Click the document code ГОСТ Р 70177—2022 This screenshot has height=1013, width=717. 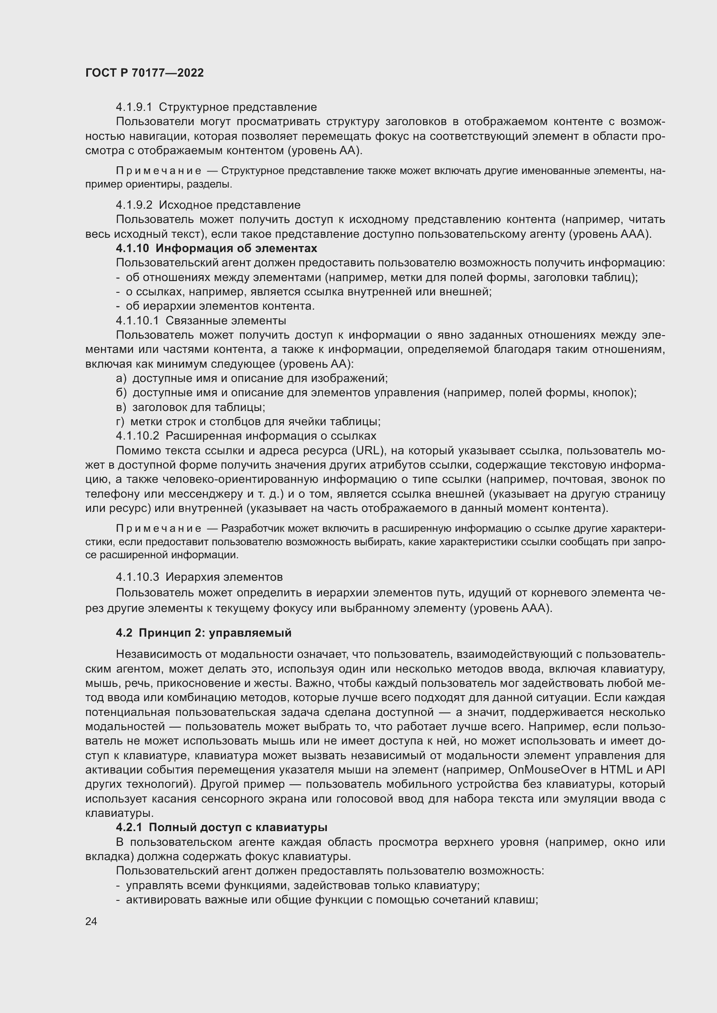[144, 73]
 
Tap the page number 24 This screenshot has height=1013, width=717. [91, 921]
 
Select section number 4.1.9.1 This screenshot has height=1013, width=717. [134, 107]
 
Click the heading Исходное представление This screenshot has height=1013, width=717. [229, 205]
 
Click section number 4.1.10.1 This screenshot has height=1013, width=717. [137, 321]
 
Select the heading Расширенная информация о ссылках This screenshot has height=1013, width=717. [271, 437]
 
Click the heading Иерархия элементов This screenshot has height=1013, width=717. [224, 577]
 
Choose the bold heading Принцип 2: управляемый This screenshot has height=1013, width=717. [215, 633]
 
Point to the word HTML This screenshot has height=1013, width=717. [616, 770]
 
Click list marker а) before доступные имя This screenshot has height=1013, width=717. [121, 379]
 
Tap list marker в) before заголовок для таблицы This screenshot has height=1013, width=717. [121, 407]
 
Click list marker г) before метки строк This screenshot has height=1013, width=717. [120, 422]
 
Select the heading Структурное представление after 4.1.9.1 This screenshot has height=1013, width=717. [238, 107]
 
